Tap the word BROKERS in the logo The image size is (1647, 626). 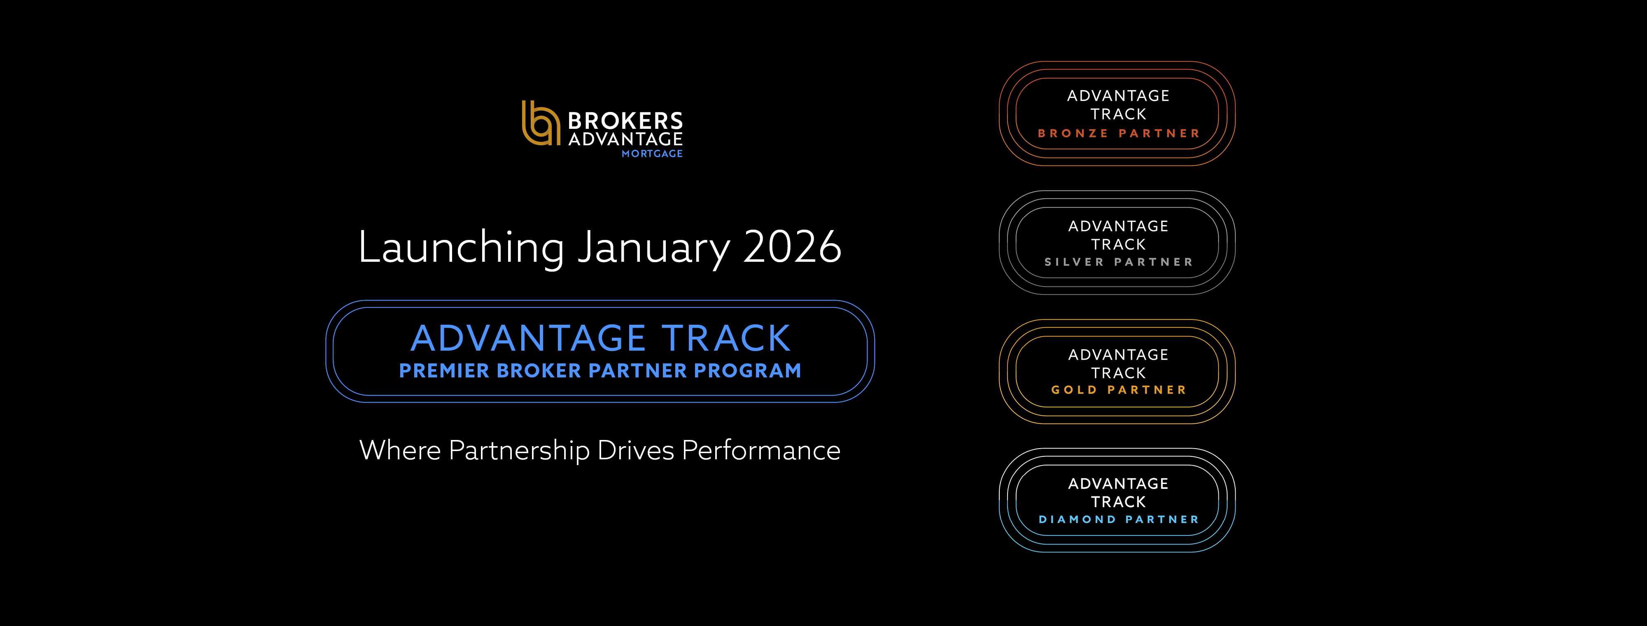click(x=625, y=121)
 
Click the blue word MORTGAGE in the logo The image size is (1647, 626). click(x=652, y=154)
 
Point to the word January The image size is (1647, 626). click(x=653, y=247)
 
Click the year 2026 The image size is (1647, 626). click(x=792, y=247)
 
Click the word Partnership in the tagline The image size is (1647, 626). click(x=519, y=450)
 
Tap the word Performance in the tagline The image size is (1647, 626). click(x=761, y=450)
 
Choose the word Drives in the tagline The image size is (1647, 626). click(x=635, y=450)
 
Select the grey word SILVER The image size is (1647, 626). click(x=1074, y=262)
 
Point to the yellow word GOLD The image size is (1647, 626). click(x=1074, y=390)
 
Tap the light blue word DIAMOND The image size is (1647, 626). click(x=1077, y=519)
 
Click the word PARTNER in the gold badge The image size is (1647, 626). click(x=1147, y=390)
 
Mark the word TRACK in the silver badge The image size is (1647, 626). click(x=1118, y=244)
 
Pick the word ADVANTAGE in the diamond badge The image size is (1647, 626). click(x=1118, y=484)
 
